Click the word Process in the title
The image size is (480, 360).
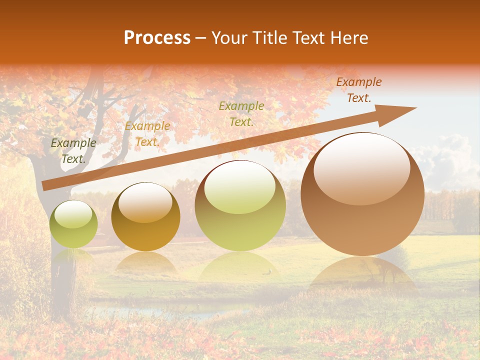tap(157, 38)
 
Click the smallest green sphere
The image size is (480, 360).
tap(73, 224)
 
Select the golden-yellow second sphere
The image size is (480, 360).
tap(145, 217)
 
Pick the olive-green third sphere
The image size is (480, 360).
tap(240, 205)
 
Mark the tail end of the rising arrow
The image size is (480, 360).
tap(44, 185)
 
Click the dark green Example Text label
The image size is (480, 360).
tap(73, 151)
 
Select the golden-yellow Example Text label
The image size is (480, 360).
tap(147, 134)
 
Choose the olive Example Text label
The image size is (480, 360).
tap(241, 113)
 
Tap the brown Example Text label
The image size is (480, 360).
tap(358, 90)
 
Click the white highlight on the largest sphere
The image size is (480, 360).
tap(362, 168)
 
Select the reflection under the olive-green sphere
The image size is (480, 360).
tap(240, 265)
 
